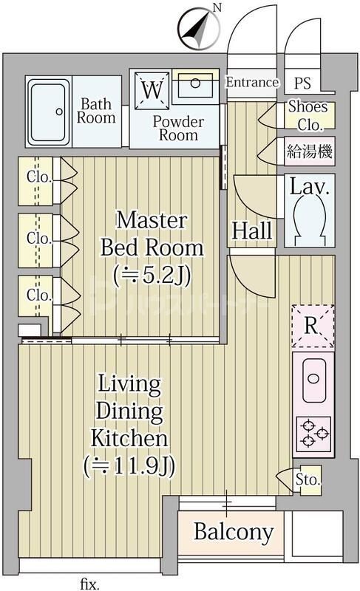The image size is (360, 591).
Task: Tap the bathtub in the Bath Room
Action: point(48,112)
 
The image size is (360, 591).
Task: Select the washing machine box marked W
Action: point(152,90)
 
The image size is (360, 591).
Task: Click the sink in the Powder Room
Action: point(195,86)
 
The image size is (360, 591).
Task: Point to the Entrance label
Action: point(252,82)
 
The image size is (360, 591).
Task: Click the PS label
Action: point(302,83)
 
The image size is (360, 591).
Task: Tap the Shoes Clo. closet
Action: point(309,115)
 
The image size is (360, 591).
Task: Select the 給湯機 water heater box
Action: point(309,151)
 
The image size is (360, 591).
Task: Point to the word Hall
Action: point(251,230)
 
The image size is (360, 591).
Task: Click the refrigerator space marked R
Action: point(313,326)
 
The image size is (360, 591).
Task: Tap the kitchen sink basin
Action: point(313,380)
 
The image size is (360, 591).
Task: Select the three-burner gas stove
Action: point(313,434)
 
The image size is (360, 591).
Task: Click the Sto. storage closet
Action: point(308,479)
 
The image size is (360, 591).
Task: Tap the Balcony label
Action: point(234,532)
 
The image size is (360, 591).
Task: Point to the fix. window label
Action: point(89,584)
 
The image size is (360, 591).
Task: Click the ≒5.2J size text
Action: point(152,275)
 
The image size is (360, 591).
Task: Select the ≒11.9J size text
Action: point(129,466)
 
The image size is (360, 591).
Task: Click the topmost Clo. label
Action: point(39,177)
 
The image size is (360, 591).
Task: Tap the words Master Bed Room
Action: point(152,233)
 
